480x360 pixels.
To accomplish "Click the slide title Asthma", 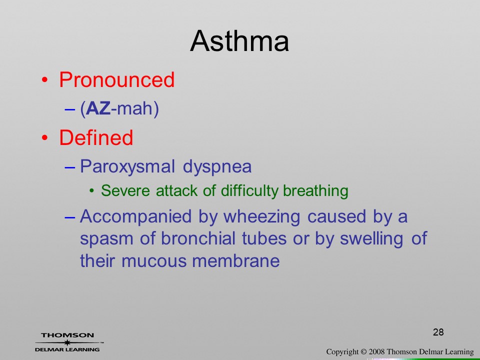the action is (x=239, y=41).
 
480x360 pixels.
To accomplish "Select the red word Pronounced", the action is (x=116, y=79).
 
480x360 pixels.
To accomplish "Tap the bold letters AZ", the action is (x=98, y=108).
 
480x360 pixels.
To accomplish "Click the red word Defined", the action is (x=96, y=137).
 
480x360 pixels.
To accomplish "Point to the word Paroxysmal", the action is (x=127, y=167).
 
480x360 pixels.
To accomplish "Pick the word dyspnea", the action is (x=217, y=167).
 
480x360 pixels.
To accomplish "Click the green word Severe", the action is (x=125, y=190).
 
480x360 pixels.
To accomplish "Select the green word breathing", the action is (x=315, y=191).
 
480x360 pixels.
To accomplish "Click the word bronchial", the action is (x=198, y=238).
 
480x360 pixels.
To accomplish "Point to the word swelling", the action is (x=371, y=239).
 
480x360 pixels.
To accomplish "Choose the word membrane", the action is (x=235, y=261).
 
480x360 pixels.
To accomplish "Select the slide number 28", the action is (x=438, y=332).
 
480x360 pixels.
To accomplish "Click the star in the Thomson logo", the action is (x=67, y=342).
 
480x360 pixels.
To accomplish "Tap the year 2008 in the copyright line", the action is (x=376, y=352).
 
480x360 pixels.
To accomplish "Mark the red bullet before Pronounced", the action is (x=44, y=80).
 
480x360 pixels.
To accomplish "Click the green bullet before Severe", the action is (x=91, y=191).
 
